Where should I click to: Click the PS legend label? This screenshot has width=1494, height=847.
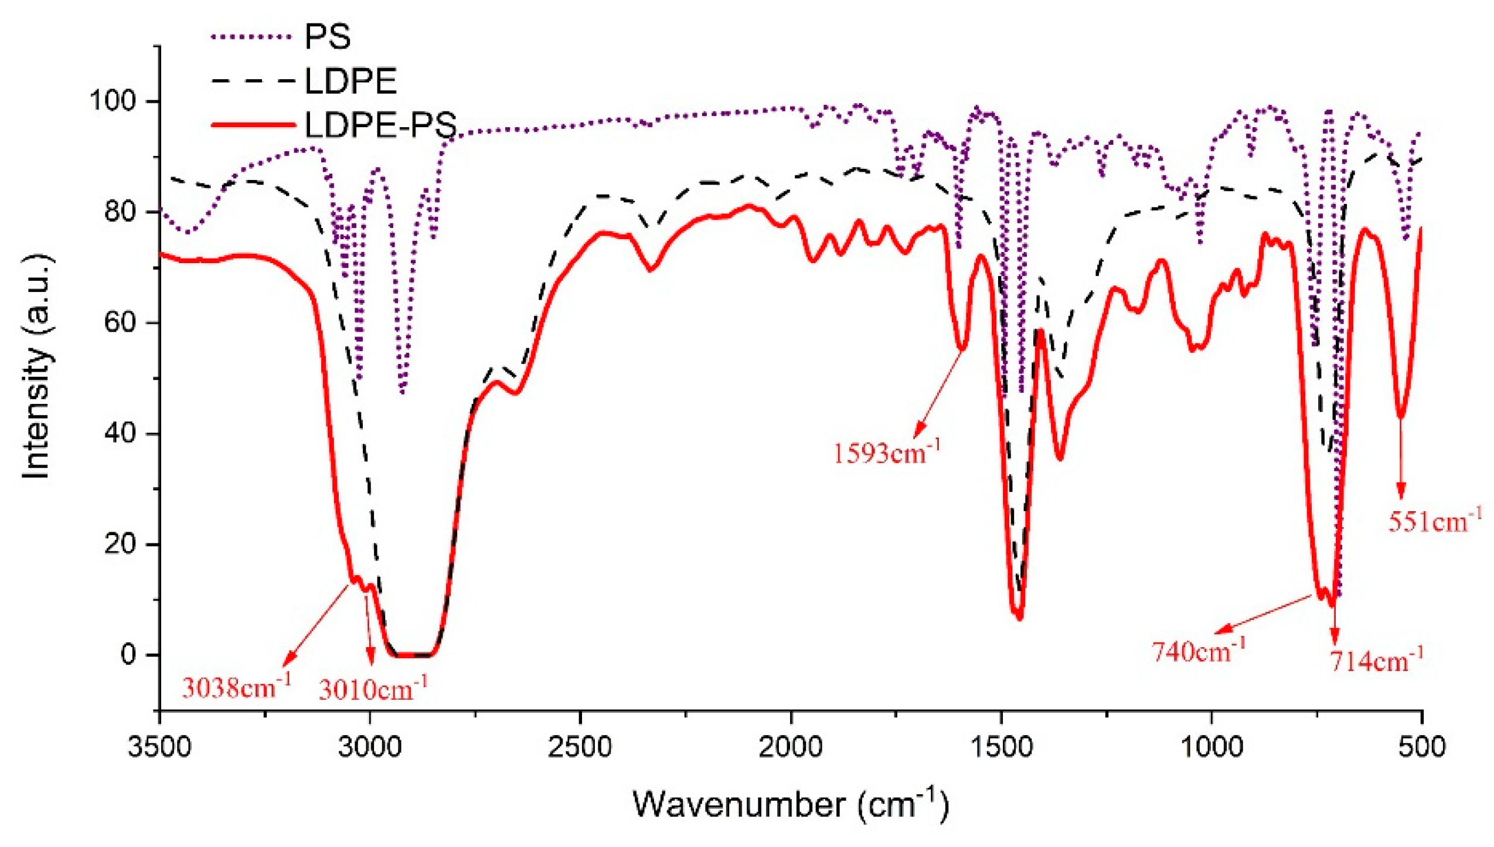pyautogui.click(x=327, y=37)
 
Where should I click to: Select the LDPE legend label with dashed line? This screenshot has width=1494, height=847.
pyautogui.click(x=350, y=81)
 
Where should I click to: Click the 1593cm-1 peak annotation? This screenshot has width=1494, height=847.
pyautogui.click(x=886, y=453)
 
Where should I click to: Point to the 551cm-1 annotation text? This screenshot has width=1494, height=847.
pyautogui.click(x=1434, y=520)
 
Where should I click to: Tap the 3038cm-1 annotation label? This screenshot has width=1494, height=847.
pyautogui.click(x=236, y=686)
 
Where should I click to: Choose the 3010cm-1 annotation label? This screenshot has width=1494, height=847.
pyautogui.click(x=373, y=689)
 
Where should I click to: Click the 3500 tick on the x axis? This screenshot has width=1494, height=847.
pyautogui.click(x=159, y=747)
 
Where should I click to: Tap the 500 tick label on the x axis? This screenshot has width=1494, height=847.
pyautogui.click(x=1422, y=747)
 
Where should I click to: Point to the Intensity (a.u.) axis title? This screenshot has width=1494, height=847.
pyautogui.click(x=36, y=366)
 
